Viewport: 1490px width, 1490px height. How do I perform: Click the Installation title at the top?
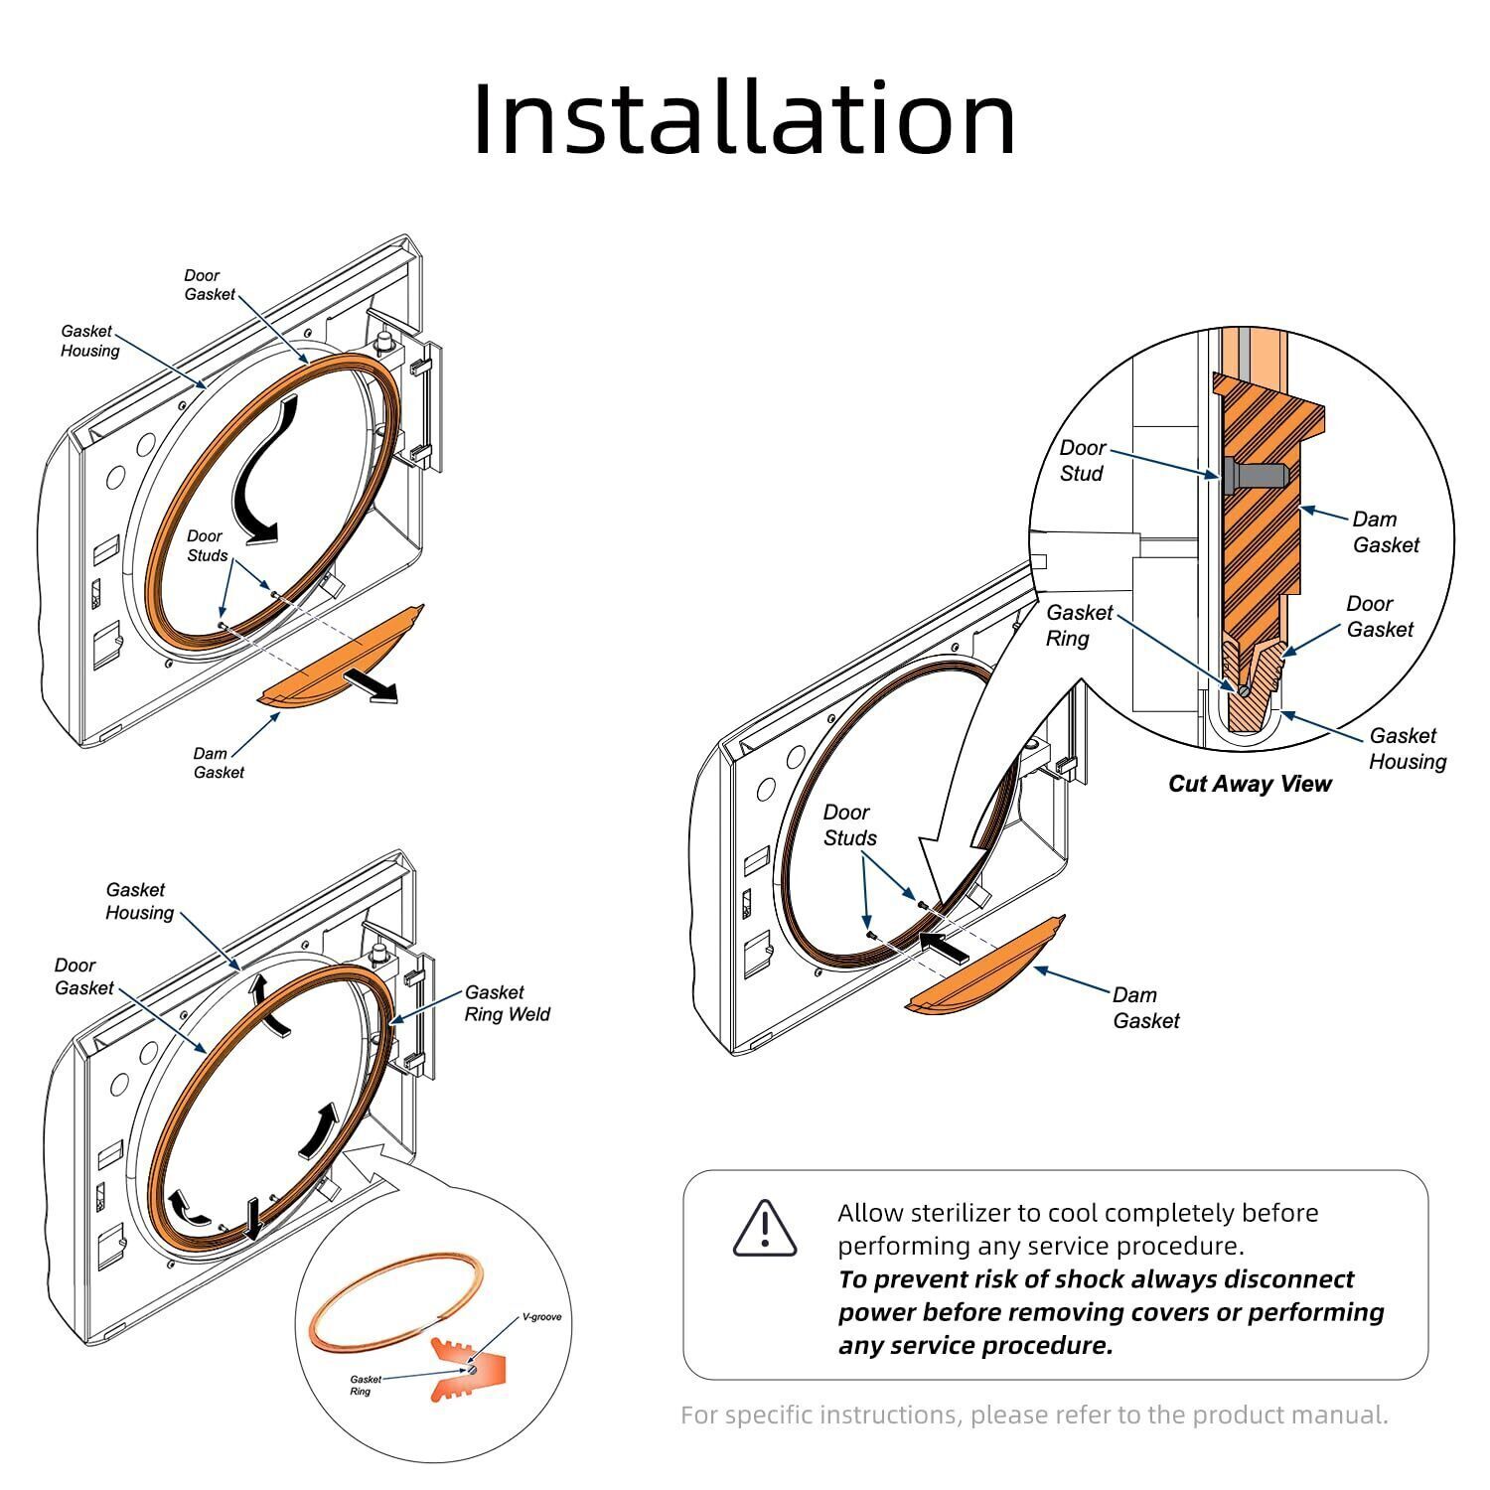pyautogui.click(x=744, y=119)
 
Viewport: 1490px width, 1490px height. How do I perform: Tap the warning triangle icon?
pyautogui.click(x=764, y=1229)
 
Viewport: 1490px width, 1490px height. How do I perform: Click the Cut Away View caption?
pyautogui.click(x=1249, y=784)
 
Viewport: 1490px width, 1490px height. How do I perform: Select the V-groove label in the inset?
pyautogui.click(x=541, y=1317)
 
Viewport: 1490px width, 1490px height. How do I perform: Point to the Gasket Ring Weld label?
pyautogui.click(x=507, y=1003)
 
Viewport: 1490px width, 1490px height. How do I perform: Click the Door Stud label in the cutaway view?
pyautogui.click(x=1082, y=461)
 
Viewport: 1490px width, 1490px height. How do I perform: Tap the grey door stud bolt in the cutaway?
pyautogui.click(x=1256, y=475)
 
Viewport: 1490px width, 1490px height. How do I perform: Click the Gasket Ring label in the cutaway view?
pyautogui.click(x=1078, y=626)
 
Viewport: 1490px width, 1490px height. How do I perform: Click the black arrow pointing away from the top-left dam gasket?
pyautogui.click(x=371, y=686)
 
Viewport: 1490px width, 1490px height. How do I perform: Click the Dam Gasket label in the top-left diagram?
pyautogui.click(x=218, y=763)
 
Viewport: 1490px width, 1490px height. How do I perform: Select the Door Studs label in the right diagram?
pyautogui.click(x=848, y=825)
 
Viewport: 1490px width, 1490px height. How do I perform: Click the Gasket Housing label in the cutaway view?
pyautogui.click(x=1407, y=749)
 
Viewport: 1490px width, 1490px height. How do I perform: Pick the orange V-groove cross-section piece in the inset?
pyautogui.click(x=467, y=1369)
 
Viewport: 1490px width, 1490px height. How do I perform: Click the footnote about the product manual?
pyautogui.click(x=1034, y=1415)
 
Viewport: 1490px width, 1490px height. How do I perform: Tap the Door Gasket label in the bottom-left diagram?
pyautogui.click(x=83, y=976)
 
